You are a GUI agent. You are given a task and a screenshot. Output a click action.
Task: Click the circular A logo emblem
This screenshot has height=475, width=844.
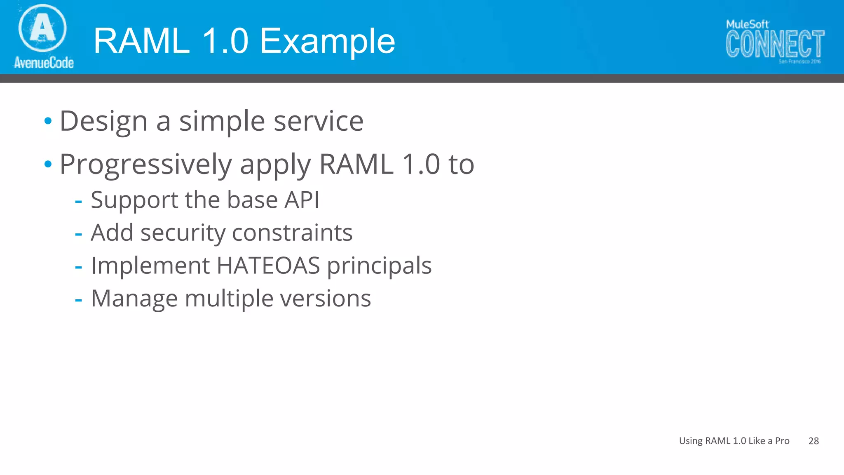coord(42,28)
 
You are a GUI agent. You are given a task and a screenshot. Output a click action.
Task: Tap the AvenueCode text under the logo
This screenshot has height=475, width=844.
coord(44,63)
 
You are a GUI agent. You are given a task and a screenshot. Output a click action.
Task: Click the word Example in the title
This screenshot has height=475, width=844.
coord(328,41)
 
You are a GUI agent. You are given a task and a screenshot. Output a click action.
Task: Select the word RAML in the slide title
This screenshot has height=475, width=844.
coord(142,41)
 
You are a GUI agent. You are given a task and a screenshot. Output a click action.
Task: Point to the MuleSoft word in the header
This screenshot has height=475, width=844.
coord(747,24)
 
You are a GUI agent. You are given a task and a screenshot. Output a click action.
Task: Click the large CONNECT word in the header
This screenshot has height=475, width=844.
coord(775,44)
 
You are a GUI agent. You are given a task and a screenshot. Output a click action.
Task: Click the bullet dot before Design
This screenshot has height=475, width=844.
coord(48,121)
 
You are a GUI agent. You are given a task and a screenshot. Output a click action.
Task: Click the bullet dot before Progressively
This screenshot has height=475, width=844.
coord(48,164)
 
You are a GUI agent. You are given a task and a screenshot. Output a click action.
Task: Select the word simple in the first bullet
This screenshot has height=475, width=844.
coord(222,122)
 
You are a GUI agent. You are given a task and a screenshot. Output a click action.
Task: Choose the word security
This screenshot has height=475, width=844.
coord(183,233)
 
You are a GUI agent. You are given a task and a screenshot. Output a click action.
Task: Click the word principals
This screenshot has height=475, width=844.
coord(379,266)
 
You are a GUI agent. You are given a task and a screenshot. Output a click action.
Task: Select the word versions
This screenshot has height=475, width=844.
coord(325,299)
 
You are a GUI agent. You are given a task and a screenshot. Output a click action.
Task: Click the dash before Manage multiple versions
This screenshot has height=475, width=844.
coord(78,300)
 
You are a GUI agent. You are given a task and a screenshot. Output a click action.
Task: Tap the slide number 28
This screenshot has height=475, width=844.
coord(814,441)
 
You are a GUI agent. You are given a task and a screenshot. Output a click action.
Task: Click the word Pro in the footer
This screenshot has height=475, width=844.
coord(782,441)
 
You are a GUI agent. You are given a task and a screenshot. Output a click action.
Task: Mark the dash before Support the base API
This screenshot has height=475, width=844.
coord(78,201)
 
